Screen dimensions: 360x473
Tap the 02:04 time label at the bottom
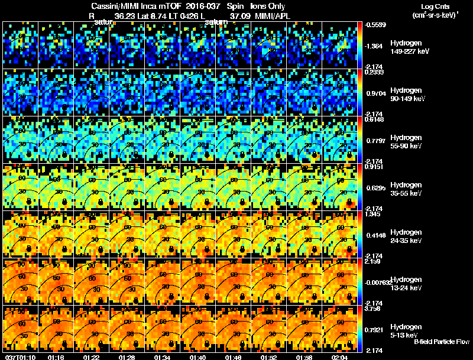pos(339,357)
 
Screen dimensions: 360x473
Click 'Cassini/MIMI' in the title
pos(107,5)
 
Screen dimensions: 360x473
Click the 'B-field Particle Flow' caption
pos(442,342)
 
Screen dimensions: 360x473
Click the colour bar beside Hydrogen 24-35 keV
pos(361,235)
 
